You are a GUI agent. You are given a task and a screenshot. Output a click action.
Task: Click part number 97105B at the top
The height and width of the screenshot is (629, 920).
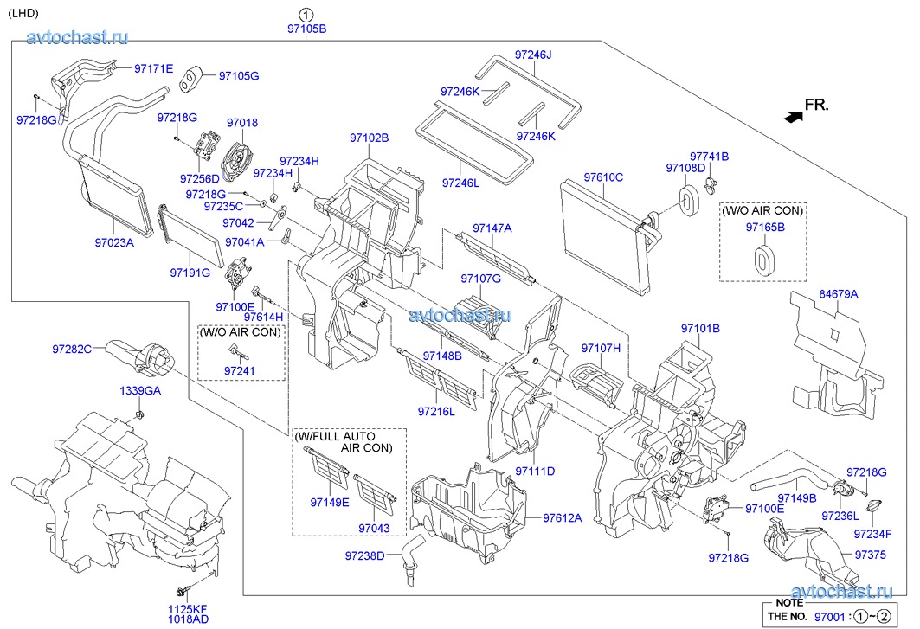point(306,29)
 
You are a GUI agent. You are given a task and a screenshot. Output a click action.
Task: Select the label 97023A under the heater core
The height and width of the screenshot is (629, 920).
point(114,243)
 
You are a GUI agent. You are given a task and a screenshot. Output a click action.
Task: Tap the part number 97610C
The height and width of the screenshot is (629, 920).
point(603,177)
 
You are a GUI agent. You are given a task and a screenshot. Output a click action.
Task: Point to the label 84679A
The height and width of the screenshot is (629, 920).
point(839,294)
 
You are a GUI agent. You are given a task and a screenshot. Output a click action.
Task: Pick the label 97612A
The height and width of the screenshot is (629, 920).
point(563,517)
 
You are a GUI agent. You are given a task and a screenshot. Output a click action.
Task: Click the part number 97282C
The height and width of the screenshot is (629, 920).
point(72,349)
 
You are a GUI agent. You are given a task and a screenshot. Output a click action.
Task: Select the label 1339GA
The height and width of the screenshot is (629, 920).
point(140,391)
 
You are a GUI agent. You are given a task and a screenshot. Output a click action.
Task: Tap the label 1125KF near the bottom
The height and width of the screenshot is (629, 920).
point(189,609)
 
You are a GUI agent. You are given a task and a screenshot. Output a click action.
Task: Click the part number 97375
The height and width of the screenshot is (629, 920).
point(870,555)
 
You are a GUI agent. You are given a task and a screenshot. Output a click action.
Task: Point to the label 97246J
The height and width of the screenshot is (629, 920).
point(533,55)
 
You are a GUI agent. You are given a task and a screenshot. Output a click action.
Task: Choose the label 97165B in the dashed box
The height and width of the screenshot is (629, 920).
point(765,227)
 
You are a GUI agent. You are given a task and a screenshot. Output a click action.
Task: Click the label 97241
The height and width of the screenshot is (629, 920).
point(240,370)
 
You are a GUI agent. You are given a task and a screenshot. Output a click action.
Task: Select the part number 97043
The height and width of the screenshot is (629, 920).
point(373,528)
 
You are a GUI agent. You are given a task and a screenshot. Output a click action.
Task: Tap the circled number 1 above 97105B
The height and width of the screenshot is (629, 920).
point(306,14)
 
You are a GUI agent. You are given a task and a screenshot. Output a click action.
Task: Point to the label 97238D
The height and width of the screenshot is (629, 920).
point(364,555)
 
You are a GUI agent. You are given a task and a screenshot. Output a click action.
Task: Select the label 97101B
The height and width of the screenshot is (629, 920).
point(700,329)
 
